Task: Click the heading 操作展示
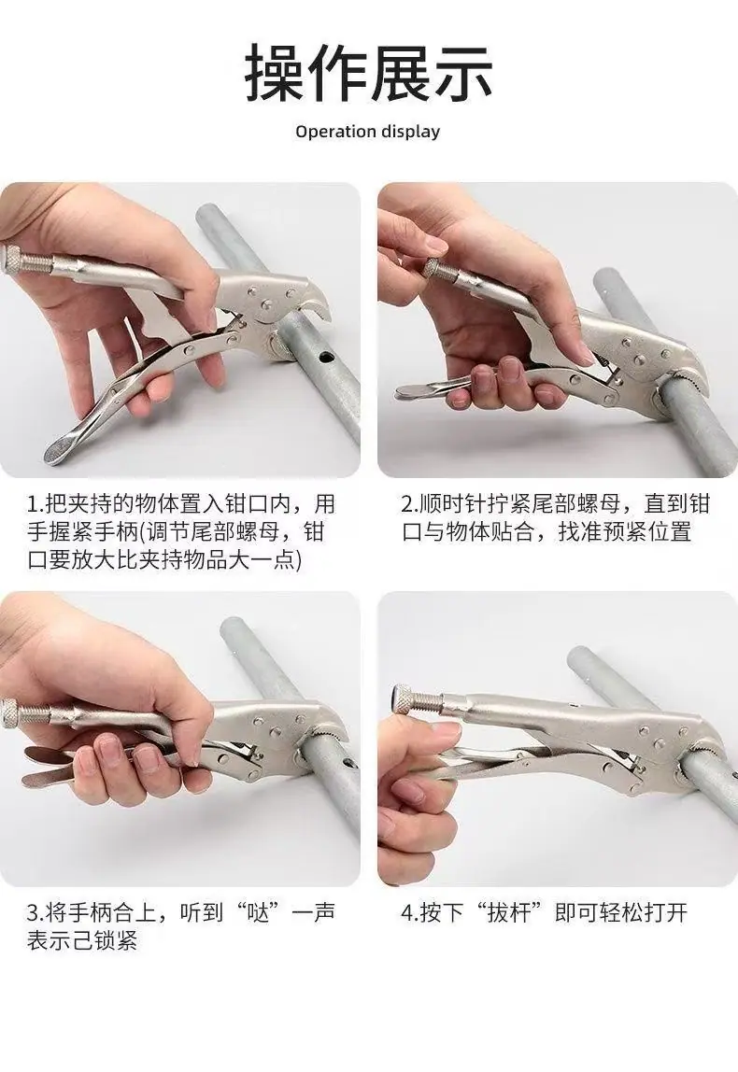point(369,73)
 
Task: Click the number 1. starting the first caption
point(35,504)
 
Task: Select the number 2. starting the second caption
point(410,504)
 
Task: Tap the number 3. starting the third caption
point(35,912)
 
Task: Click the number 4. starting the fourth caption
point(410,912)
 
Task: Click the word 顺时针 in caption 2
point(452,504)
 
